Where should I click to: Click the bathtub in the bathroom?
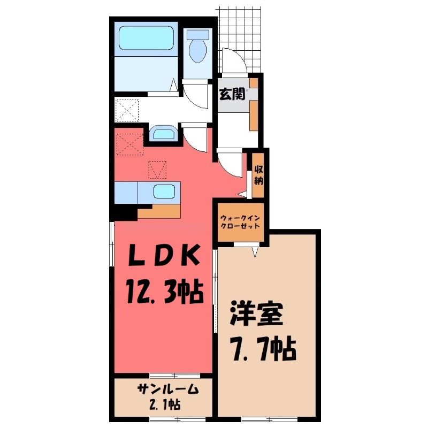point(146,38)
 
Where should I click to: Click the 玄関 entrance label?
point(232,95)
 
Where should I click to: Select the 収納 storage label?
point(258,175)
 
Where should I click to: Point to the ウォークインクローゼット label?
point(240,222)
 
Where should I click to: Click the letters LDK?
point(164,256)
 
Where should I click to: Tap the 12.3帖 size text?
point(165,292)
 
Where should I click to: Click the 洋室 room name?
point(256,315)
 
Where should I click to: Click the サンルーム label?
point(167,389)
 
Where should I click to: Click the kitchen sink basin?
point(164,192)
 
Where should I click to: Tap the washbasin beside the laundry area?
point(163,133)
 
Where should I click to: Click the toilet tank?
point(197,34)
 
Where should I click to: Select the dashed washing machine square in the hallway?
point(127,111)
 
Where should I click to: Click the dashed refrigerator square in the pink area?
point(130,144)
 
